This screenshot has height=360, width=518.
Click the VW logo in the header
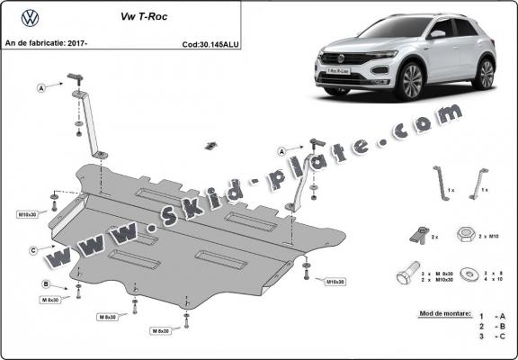(29, 17)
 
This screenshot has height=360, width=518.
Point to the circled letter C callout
(33, 249)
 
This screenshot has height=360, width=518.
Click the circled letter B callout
(45, 285)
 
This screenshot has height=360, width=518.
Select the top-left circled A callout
(41, 88)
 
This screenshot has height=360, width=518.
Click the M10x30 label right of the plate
(333, 282)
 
